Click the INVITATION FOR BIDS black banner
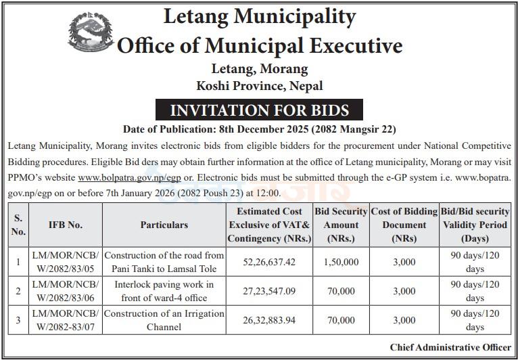pos(259,110)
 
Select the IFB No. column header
pos(66,225)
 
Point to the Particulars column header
pos(164,225)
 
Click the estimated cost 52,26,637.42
pos(270,262)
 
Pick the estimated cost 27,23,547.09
pos(270,291)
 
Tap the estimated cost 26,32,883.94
pos(270,320)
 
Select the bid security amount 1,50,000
pos(342,262)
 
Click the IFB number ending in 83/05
pos(66,262)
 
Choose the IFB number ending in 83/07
pos(66,320)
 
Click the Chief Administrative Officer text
pos(450,347)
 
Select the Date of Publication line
pos(259,129)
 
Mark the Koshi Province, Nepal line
pos(259,86)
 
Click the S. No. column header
pos(18,225)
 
